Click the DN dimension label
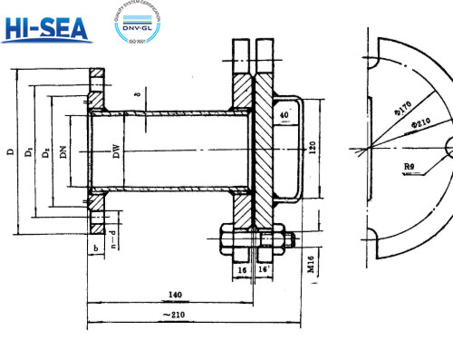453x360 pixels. [63, 151]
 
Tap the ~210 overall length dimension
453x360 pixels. [180, 315]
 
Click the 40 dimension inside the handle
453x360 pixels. [285, 115]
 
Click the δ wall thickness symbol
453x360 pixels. [134, 91]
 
